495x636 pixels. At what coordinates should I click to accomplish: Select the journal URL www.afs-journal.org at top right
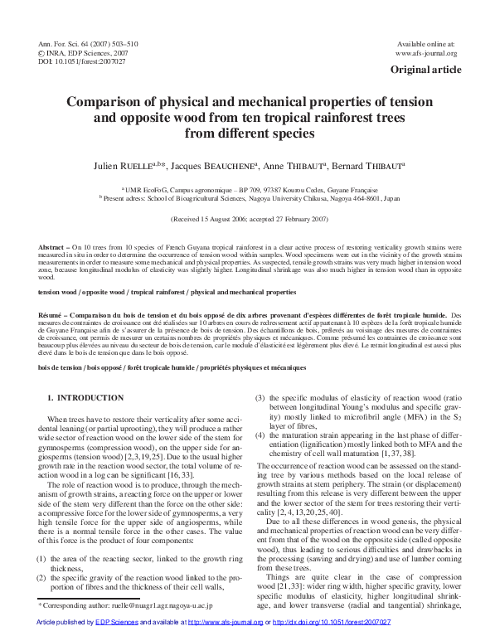pyautogui.click(x=426, y=53)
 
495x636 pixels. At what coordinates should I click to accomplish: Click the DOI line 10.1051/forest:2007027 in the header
pyautogui.click(x=82, y=61)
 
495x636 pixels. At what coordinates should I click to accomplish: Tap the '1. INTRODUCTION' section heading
pyautogui.click(x=85, y=399)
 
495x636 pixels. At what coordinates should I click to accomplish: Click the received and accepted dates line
pyautogui.click(x=247, y=220)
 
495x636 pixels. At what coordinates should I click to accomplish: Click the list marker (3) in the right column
pyautogui.click(x=260, y=397)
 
